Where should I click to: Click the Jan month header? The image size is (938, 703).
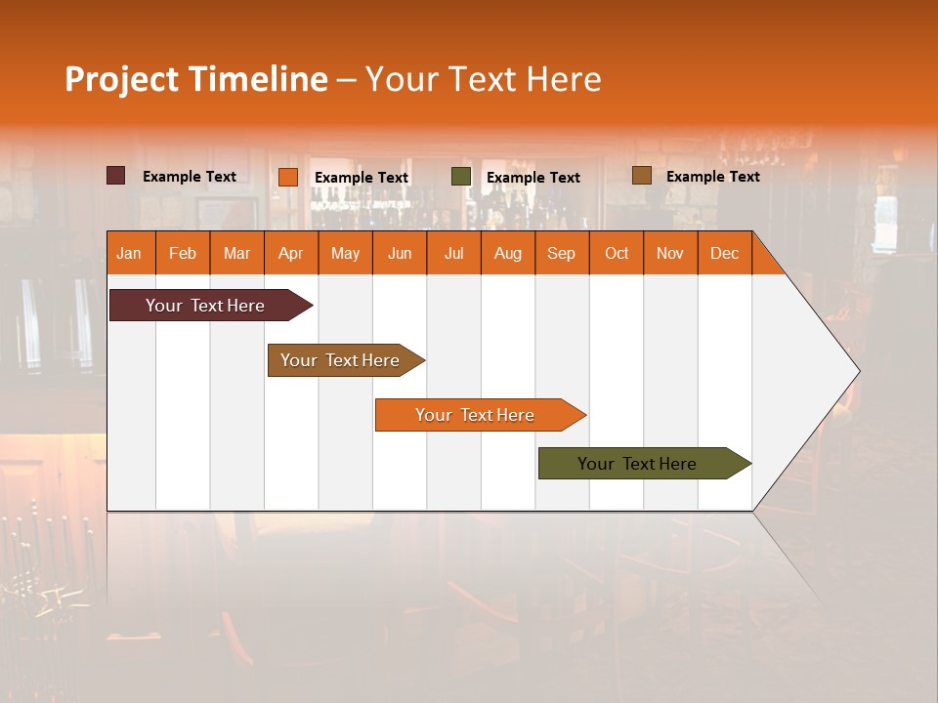coord(129,253)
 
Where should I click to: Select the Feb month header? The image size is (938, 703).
coord(183,253)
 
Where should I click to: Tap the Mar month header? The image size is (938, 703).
coord(236,253)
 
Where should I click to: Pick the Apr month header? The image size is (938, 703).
coord(290,253)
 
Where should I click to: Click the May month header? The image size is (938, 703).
coord(345,253)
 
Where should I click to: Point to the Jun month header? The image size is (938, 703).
coord(400,253)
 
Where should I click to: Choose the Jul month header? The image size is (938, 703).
coord(453,253)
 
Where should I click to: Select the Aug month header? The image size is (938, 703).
coord(507,253)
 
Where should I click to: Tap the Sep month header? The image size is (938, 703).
coord(561,253)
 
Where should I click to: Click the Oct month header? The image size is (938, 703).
coord(617,253)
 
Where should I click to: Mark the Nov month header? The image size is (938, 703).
coord(670,253)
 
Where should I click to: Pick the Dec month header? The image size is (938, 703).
coord(724,253)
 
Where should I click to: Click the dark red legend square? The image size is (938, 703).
coord(116,176)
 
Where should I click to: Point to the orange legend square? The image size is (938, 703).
coord(288,177)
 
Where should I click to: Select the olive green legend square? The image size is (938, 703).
coord(461,177)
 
